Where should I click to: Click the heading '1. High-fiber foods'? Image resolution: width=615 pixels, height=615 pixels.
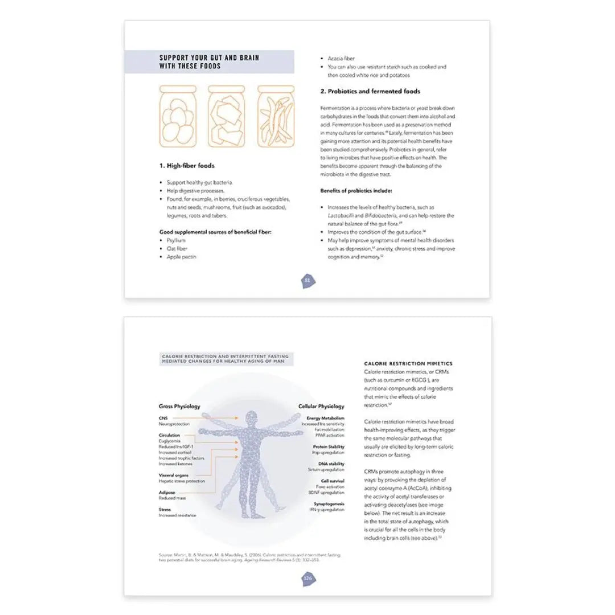click(187, 166)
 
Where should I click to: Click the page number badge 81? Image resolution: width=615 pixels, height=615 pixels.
click(307, 280)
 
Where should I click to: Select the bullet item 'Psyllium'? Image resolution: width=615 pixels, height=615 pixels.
click(176, 240)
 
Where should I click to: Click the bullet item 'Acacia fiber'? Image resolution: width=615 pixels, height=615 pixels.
click(341, 59)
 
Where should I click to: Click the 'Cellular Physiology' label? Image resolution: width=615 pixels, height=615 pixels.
click(321, 407)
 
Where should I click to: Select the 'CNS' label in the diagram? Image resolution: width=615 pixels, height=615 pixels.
click(163, 418)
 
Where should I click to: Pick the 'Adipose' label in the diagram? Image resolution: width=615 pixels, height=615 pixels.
click(167, 492)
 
